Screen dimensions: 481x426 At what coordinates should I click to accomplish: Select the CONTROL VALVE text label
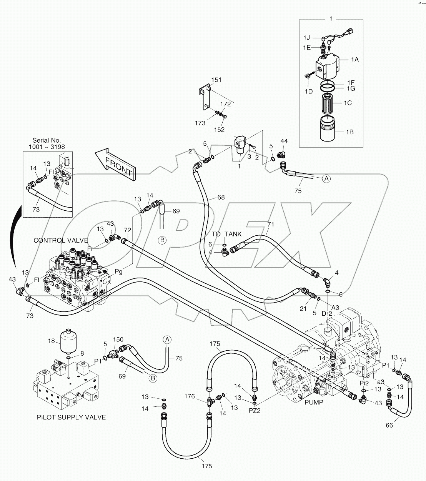(x=61, y=240)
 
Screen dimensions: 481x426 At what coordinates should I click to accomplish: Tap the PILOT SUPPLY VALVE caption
(x=71, y=417)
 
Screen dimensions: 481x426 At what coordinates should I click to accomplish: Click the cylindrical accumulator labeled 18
(x=67, y=341)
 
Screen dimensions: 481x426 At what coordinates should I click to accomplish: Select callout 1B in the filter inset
(x=349, y=132)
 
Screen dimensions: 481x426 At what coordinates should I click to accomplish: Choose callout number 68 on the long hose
(x=221, y=198)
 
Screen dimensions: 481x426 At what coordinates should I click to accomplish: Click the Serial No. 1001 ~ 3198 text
(x=48, y=144)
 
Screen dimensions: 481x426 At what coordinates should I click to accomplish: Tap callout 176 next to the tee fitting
(x=190, y=396)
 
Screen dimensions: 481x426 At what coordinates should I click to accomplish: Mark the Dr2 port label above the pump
(x=326, y=313)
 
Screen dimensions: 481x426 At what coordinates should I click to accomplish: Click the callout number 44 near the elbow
(x=284, y=142)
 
